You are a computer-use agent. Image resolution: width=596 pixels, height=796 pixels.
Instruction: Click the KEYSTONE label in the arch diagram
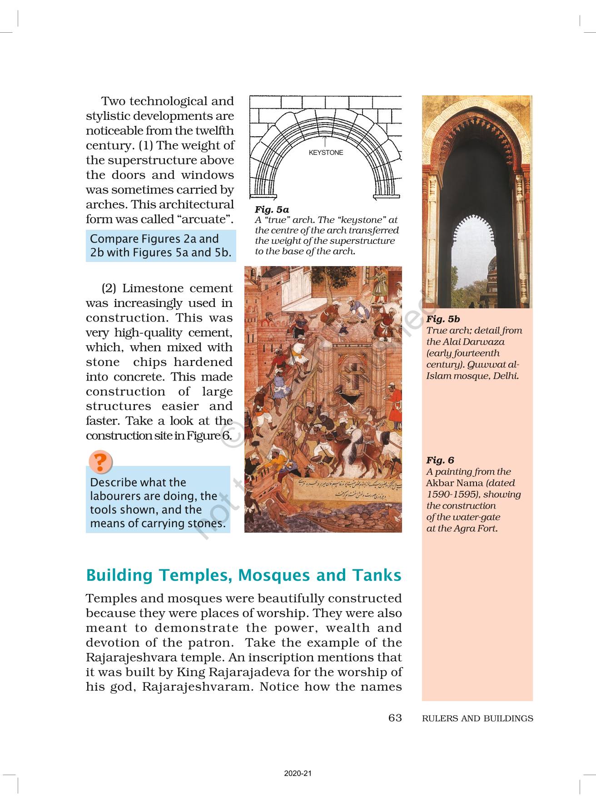[x=326, y=153]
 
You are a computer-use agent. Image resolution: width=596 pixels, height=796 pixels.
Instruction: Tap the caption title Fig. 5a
[x=272, y=209]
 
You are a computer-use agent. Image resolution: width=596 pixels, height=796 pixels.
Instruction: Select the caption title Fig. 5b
[x=443, y=319]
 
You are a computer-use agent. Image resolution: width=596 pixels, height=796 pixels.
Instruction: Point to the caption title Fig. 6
[x=440, y=460]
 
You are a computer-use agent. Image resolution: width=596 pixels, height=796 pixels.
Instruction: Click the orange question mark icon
[x=100, y=462]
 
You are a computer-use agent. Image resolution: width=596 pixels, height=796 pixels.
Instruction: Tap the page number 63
[x=395, y=717]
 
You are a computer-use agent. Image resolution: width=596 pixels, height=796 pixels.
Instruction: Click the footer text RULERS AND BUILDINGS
[x=477, y=718]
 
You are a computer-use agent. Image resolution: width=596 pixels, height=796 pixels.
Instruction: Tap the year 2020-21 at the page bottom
[x=298, y=773]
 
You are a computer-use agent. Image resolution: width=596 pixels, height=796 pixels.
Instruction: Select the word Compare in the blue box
[x=114, y=239]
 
